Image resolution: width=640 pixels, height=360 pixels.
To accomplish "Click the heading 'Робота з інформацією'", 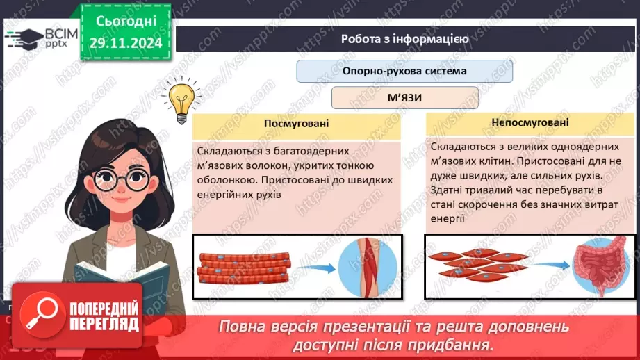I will [404, 39].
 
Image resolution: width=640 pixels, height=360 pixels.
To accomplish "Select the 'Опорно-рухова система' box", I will [404, 71].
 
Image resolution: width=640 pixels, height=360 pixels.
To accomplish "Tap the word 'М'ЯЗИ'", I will [404, 98].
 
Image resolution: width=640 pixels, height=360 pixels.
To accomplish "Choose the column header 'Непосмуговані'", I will [530, 122].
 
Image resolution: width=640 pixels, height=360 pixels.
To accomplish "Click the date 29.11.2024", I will [125, 43].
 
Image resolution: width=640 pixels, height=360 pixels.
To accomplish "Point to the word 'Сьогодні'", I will [126, 22].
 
